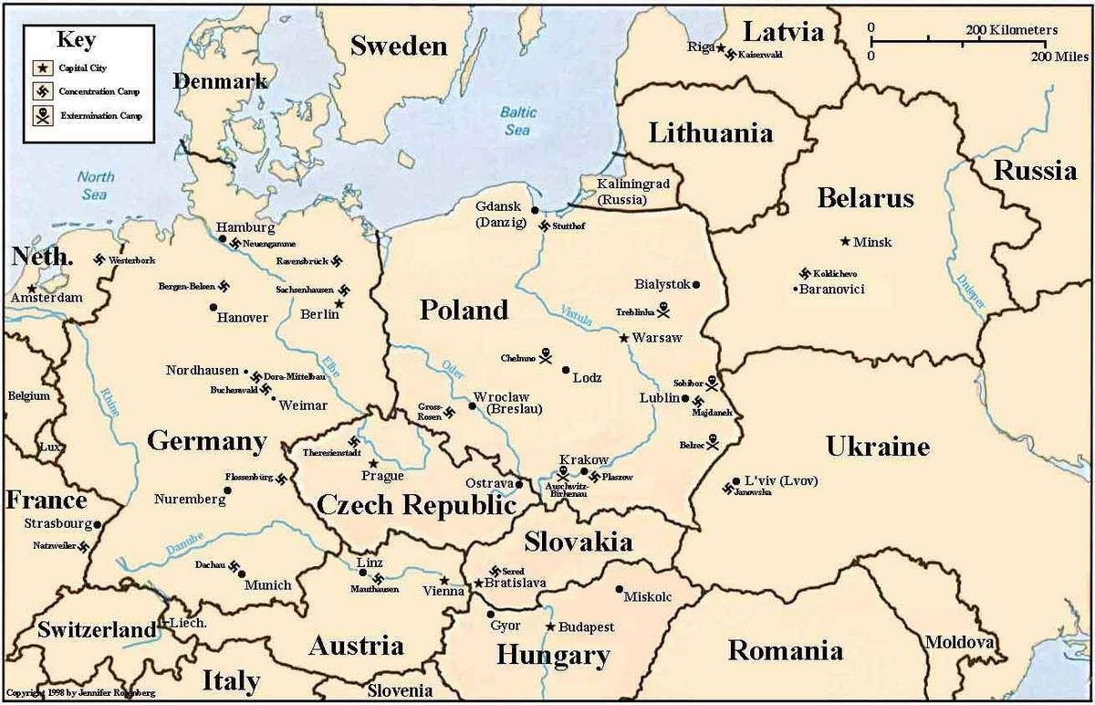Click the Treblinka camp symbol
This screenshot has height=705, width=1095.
[x=663, y=310]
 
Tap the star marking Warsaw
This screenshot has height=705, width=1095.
[x=624, y=338]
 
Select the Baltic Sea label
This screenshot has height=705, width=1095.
[x=517, y=121]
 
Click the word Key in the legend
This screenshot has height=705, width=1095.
[x=76, y=39]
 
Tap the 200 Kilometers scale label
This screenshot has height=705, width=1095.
[x=1011, y=30]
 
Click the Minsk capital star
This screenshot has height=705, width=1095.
[x=844, y=241]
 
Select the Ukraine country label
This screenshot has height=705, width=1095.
[x=877, y=447]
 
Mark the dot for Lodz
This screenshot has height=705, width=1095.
[x=566, y=370]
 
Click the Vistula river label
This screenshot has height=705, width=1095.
[x=578, y=314]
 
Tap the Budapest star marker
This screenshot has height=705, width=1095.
[x=550, y=626]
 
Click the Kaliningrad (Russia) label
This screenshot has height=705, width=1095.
[x=633, y=191]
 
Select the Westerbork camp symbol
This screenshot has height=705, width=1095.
[x=99, y=260]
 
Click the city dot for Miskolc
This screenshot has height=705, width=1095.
[x=620, y=589]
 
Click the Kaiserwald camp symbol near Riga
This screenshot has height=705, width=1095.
[x=727, y=55]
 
